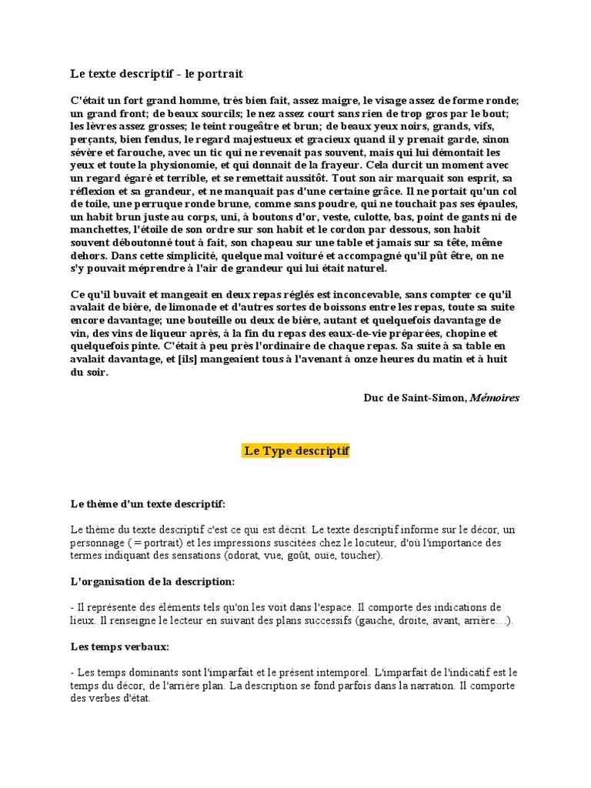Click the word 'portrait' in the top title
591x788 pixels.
pos(220,74)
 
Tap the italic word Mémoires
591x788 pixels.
pos(494,398)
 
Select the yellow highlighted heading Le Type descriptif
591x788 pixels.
pos(296,450)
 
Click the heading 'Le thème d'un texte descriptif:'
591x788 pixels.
pos(148,504)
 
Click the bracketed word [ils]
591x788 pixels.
pos(193,359)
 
